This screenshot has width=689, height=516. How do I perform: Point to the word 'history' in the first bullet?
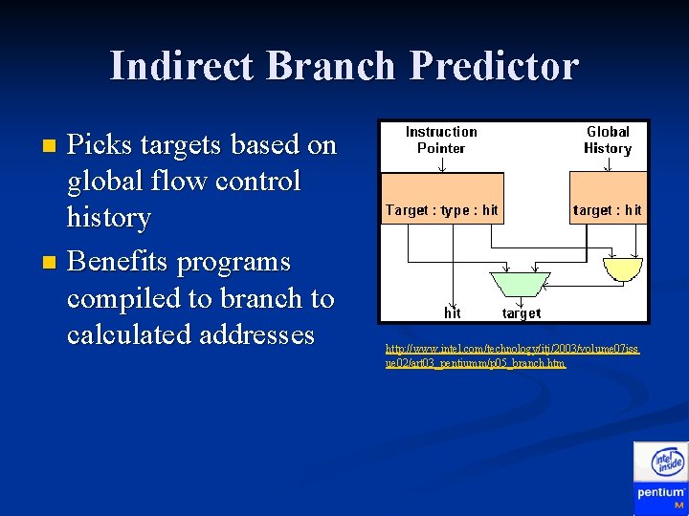tap(108, 218)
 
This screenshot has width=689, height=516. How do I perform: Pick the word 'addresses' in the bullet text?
tap(257, 334)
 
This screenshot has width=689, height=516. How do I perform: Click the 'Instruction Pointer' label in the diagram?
tap(441, 140)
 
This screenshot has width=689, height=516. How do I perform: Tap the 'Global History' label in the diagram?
tap(608, 140)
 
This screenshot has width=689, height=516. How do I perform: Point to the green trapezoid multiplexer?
tap(520, 283)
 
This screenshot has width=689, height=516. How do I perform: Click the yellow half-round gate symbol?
tap(626, 269)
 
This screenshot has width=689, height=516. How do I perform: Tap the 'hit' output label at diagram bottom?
tap(453, 312)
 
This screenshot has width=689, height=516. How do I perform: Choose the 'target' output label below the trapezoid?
tap(521, 312)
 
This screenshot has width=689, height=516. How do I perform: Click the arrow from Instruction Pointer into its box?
tap(441, 164)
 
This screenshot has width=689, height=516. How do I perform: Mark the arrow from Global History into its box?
tap(608, 164)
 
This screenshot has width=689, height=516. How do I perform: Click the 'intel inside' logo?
tap(667, 463)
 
